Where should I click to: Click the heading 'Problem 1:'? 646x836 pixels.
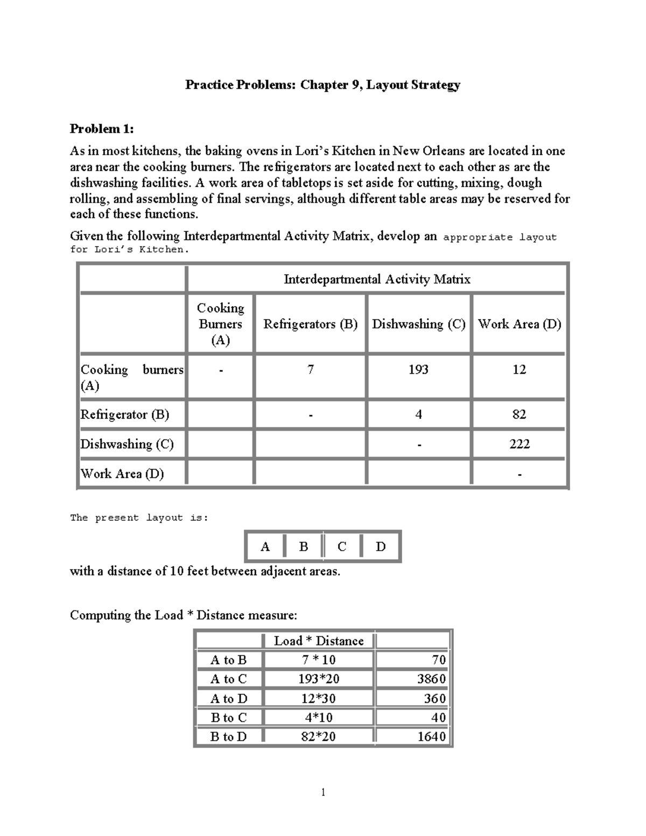[x=102, y=129]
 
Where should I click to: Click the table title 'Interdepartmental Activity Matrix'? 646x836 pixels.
[x=377, y=279]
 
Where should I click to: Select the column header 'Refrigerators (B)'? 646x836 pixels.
[x=310, y=324]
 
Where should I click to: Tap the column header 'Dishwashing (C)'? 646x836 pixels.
[x=418, y=324]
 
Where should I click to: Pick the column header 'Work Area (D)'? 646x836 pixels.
[x=519, y=324]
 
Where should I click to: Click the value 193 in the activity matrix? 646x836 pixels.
[x=418, y=369]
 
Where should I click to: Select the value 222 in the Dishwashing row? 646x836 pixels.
[x=519, y=444]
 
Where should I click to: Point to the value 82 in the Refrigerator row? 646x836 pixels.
[x=519, y=414]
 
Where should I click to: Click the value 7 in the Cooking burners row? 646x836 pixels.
[x=310, y=369]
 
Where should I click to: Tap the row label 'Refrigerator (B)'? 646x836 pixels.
[x=125, y=415]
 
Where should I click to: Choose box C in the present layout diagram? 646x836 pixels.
[x=342, y=547]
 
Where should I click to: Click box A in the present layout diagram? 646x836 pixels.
[x=265, y=547]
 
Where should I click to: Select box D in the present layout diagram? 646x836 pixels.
[x=381, y=547]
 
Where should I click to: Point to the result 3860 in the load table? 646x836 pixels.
[x=431, y=679]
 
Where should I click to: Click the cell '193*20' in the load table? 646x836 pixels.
[x=319, y=679]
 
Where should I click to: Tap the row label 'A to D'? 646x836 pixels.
[x=229, y=699]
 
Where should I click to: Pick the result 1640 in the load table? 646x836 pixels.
[x=431, y=736]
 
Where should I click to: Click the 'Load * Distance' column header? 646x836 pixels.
[x=319, y=641]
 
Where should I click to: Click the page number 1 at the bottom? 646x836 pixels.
[x=323, y=792]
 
